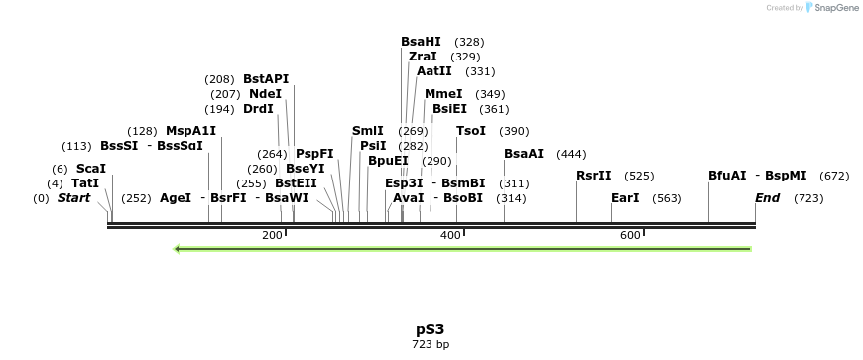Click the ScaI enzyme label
coord(90,169)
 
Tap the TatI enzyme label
coord(85,183)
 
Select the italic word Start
coord(73,198)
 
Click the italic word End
coord(767,198)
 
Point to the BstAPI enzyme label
coord(266,78)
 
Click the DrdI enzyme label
coord(258,109)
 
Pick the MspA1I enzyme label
coord(190,131)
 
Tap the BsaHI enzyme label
coord(421,42)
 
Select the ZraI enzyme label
coord(423,57)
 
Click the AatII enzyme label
coord(433,71)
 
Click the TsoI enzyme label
coord(471,131)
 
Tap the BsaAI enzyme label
coord(524,154)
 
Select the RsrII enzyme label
coord(594,176)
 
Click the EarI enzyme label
coord(625,198)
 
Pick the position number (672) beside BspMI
coord(834,176)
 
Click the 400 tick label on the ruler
coord(450,235)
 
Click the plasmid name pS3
coord(431,328)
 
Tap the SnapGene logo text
coord(835,8)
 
